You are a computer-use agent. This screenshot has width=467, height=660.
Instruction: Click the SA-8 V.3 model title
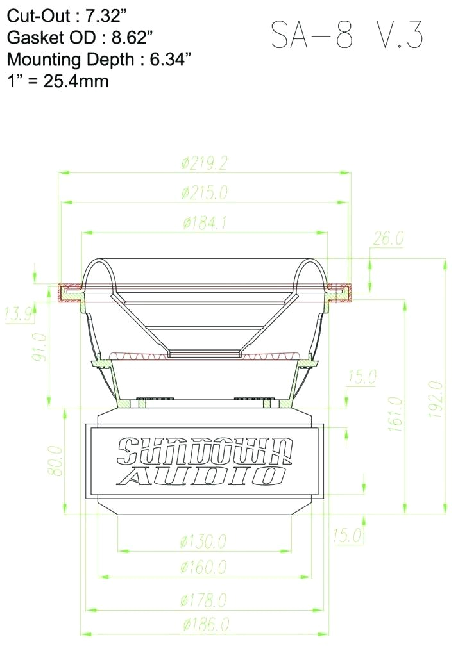coord(346,35)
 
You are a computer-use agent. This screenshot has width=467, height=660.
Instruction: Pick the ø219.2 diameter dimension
coord(204,163)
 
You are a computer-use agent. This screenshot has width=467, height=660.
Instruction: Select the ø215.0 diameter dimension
coord(204,192)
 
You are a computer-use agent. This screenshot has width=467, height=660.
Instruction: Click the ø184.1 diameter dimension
coord(204,223)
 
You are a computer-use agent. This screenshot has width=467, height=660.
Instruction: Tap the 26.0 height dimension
coord(387,238)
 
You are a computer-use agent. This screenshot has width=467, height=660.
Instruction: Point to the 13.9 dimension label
coord(19,314)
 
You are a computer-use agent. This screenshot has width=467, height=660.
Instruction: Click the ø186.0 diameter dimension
coord(205,624)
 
